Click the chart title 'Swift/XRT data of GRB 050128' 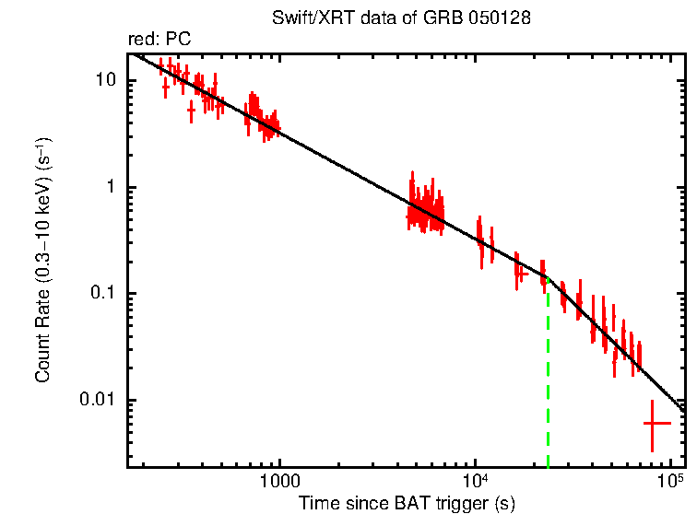point(401,18)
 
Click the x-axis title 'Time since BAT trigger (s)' point(406,503)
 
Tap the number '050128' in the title point(501,18)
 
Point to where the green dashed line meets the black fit point(549,277)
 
